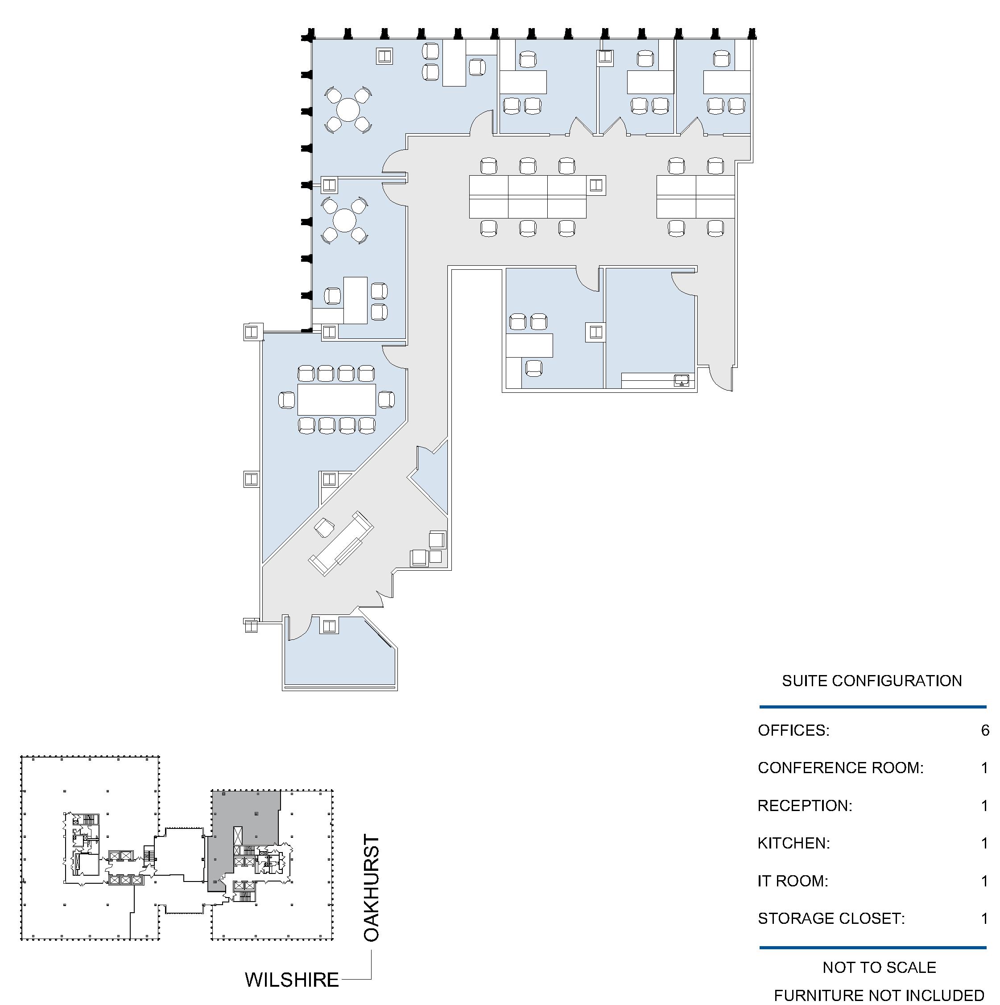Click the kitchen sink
point(681,380)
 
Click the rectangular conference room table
point(337,400)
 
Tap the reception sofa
point(341,543)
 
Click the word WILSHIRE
point(292,980)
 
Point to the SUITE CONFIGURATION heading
point(872,681)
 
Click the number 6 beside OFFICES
point(985,730)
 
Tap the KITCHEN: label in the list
point(794,843)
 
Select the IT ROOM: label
point(793,881)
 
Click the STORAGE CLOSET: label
point(831,919)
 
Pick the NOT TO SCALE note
point(879,968)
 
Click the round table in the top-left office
point(348,110)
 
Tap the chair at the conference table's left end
point(287,400)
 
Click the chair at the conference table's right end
point(386,400)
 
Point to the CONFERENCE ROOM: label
point(841,768)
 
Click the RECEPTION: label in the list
point(805,806)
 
